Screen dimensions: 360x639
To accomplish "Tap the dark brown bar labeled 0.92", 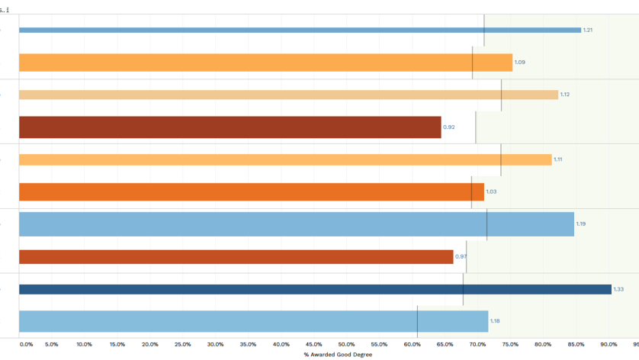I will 230,127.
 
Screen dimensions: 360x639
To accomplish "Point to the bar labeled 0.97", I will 236,256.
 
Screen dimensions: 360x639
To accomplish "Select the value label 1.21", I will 587,31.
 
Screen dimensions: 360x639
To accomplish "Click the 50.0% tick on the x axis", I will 346,345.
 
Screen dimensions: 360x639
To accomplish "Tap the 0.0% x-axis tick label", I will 26,345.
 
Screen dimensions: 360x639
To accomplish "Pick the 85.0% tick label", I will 576,345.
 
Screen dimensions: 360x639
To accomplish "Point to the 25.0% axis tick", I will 183,345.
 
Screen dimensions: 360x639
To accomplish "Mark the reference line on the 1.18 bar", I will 417,321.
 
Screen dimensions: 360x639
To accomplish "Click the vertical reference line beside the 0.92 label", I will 476,127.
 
